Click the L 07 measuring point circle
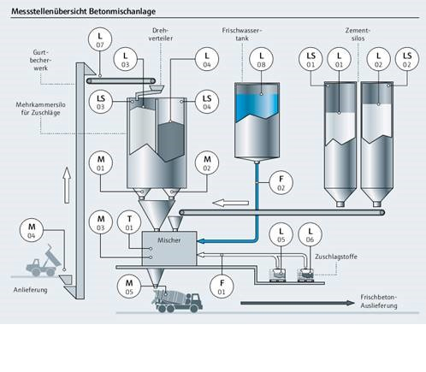[100, 39]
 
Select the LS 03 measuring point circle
[101, 102]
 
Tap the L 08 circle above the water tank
[261, 59]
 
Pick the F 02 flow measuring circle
[281, 182]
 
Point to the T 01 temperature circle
[129, 222]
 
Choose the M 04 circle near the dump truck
[32, 230]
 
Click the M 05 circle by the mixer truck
[129, 286]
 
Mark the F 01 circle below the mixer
[222, 286]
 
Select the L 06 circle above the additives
[310, 234]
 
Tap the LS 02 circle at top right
[407, 59]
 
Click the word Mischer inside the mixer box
[169, 240]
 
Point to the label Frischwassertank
[242, 34]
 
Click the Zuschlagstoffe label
[336, 257]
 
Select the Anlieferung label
[30, 290]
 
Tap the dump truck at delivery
[44, 261]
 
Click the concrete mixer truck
[177, 301]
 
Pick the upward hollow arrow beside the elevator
[67, 186]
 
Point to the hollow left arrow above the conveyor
[231, 203]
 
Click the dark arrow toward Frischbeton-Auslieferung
[298, 303]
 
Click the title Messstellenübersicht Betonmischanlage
[84, 11]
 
